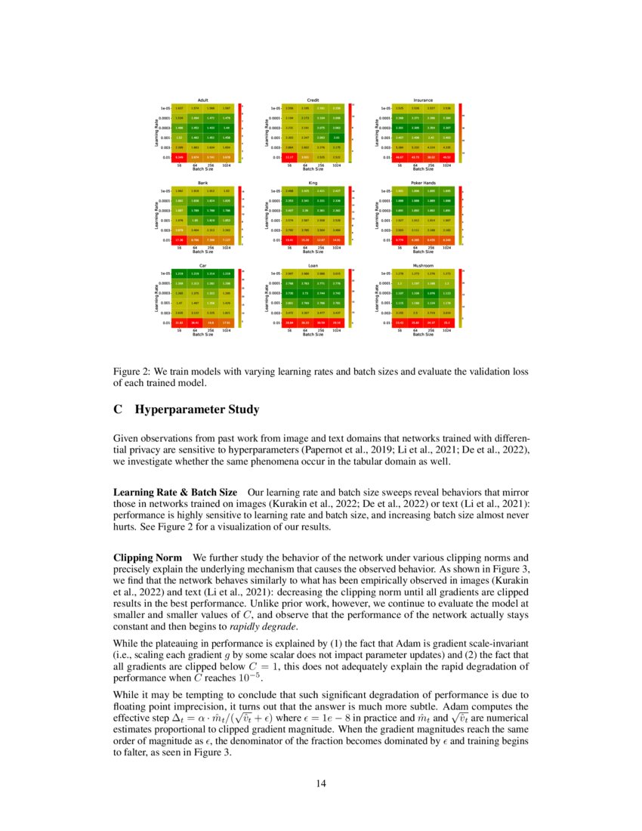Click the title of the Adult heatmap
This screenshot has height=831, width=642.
[x=202, y=100]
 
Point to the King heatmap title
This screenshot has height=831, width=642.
[x=313, y=183]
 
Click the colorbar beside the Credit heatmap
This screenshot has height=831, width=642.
[x=349, y=133]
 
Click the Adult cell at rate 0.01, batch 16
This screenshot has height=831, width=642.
[x=180, y=157]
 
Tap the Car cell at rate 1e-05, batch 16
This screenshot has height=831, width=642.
[x=180, y=272]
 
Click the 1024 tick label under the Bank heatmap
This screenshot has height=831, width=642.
[x=224, y=246]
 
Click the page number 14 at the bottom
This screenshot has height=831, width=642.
[x=321, y=783]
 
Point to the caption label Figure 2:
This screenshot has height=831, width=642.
[x=132, y=372]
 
